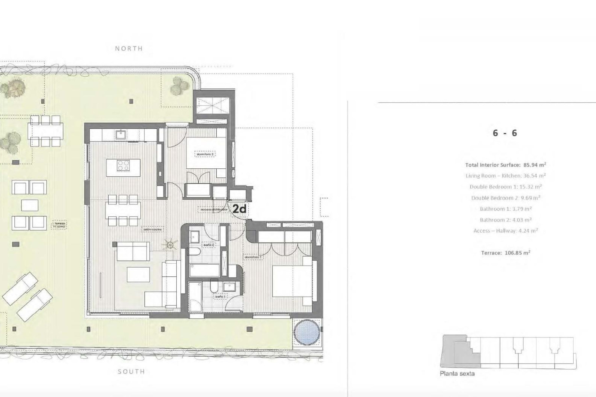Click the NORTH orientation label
click(129, 48)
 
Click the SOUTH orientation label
click(131, 372)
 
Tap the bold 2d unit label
click(239, 209)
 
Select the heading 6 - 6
click(505, 133)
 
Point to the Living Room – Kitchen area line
click(505, 176)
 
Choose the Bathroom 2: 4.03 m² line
click(505, 220)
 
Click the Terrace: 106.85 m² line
click(505, 253)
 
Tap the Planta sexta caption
click(457, 374)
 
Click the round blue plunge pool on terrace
click(307, 332)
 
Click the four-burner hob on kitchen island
click(123, 165)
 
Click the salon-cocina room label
click(152, 230)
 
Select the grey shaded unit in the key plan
click(459, 354)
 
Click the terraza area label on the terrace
click(59, 225)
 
